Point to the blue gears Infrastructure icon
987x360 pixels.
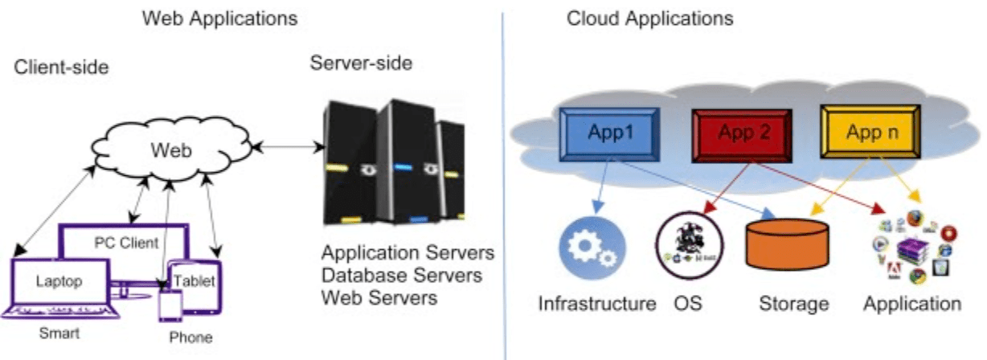592,247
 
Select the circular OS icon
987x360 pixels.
689,246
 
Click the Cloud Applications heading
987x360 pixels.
649,18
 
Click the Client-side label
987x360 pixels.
61,67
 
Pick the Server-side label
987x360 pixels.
361,63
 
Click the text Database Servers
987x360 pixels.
402,276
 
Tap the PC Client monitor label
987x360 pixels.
126,242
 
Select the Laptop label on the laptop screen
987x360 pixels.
59,280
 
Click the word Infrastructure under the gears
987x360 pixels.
596,304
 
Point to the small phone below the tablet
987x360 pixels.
171,307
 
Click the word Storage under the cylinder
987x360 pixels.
793,304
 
